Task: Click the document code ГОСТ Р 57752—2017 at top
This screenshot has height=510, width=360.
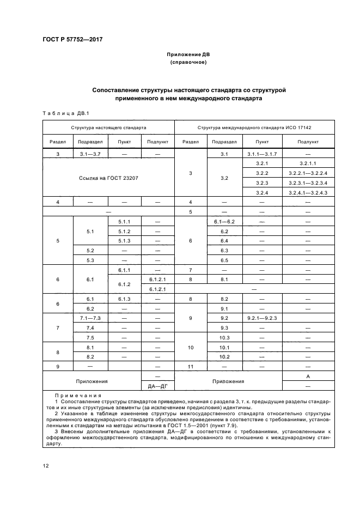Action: point(72,39)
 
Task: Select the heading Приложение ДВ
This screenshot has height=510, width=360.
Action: point(188,54)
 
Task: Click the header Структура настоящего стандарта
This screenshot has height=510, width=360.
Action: point(108,127)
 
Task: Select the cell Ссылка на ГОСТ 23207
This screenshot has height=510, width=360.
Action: point(108,178)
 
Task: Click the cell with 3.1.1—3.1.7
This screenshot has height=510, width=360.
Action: point(261,154)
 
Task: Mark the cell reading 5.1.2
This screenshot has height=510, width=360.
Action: point(124,231)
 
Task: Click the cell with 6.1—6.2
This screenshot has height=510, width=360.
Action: point(224,221)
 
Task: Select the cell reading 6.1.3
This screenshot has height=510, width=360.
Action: point(124,299)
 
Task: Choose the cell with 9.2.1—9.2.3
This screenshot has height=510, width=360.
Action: point(261,318)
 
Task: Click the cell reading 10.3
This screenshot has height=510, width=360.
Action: point(224,337)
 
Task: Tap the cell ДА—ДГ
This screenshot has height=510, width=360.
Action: point(157,386)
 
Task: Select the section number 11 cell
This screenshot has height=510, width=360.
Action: point(190,367)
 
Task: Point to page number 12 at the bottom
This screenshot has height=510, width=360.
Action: point(45,466)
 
